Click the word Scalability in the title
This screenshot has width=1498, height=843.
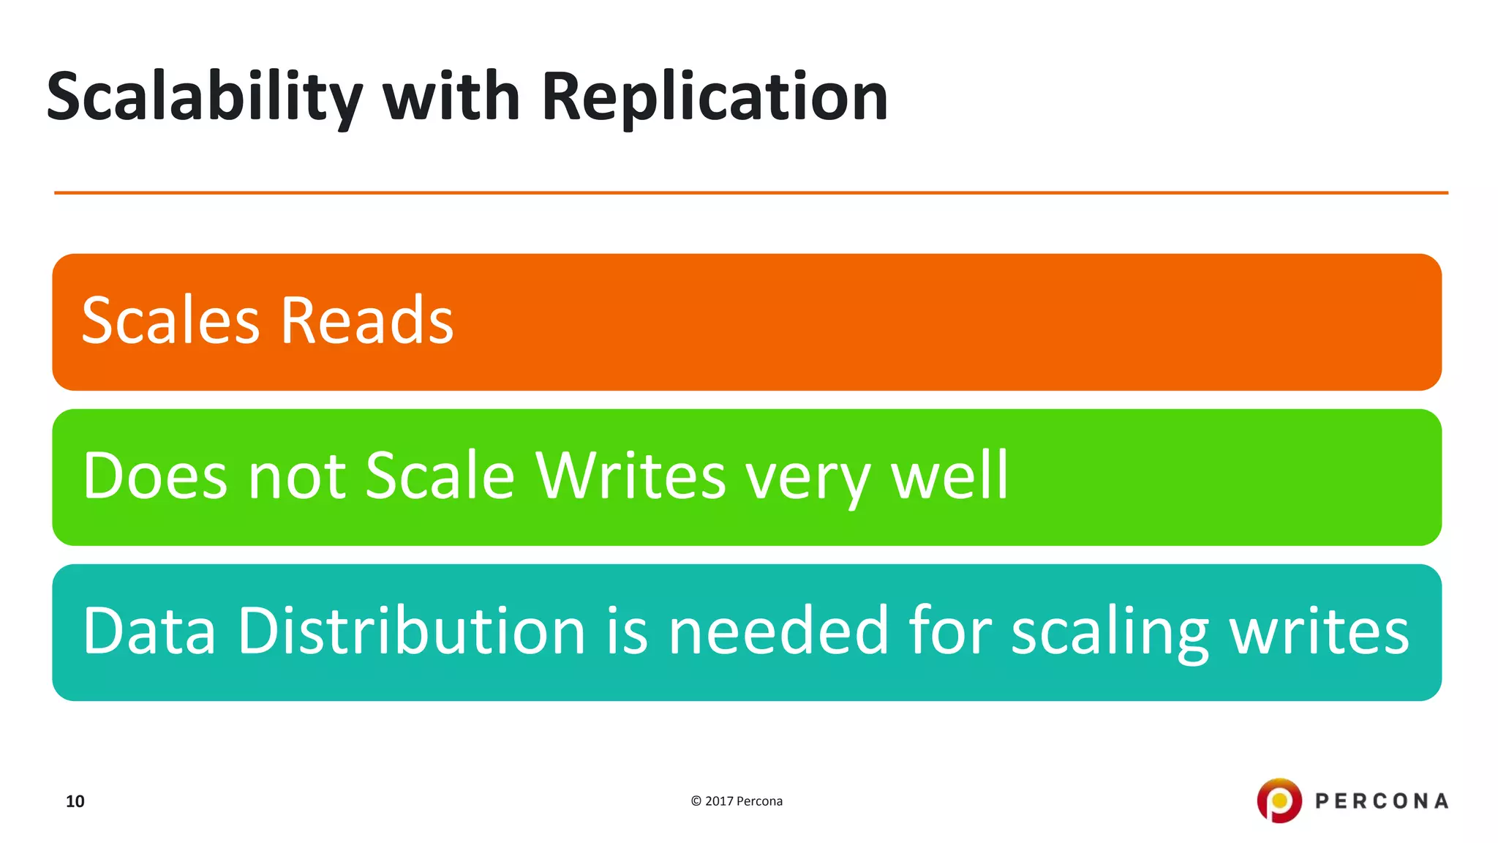[204, 98]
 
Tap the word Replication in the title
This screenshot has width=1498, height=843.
[714, 98]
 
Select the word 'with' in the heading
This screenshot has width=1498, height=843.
[451, 97]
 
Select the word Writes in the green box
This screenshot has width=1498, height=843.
[631, 476]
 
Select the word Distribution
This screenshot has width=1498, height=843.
[411, 631]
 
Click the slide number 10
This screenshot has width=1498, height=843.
[75, 801]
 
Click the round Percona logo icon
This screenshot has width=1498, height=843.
[1279, 801]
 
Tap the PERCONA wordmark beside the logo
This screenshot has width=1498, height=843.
[1382, 801]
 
